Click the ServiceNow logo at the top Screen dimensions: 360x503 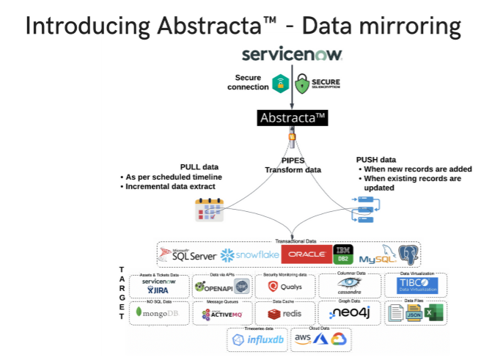[x=292, y=55]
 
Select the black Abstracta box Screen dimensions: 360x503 [x=292, y=117]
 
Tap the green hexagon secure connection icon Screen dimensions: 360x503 [x=280, y=84]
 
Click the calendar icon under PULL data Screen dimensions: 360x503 [x=209, y=210]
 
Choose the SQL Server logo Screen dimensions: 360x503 [x=188, y=254]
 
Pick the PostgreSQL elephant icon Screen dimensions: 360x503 [x=408, y=254]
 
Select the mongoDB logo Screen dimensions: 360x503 [x=158, y=313]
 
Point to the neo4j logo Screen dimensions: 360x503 [x=348, y=313]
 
